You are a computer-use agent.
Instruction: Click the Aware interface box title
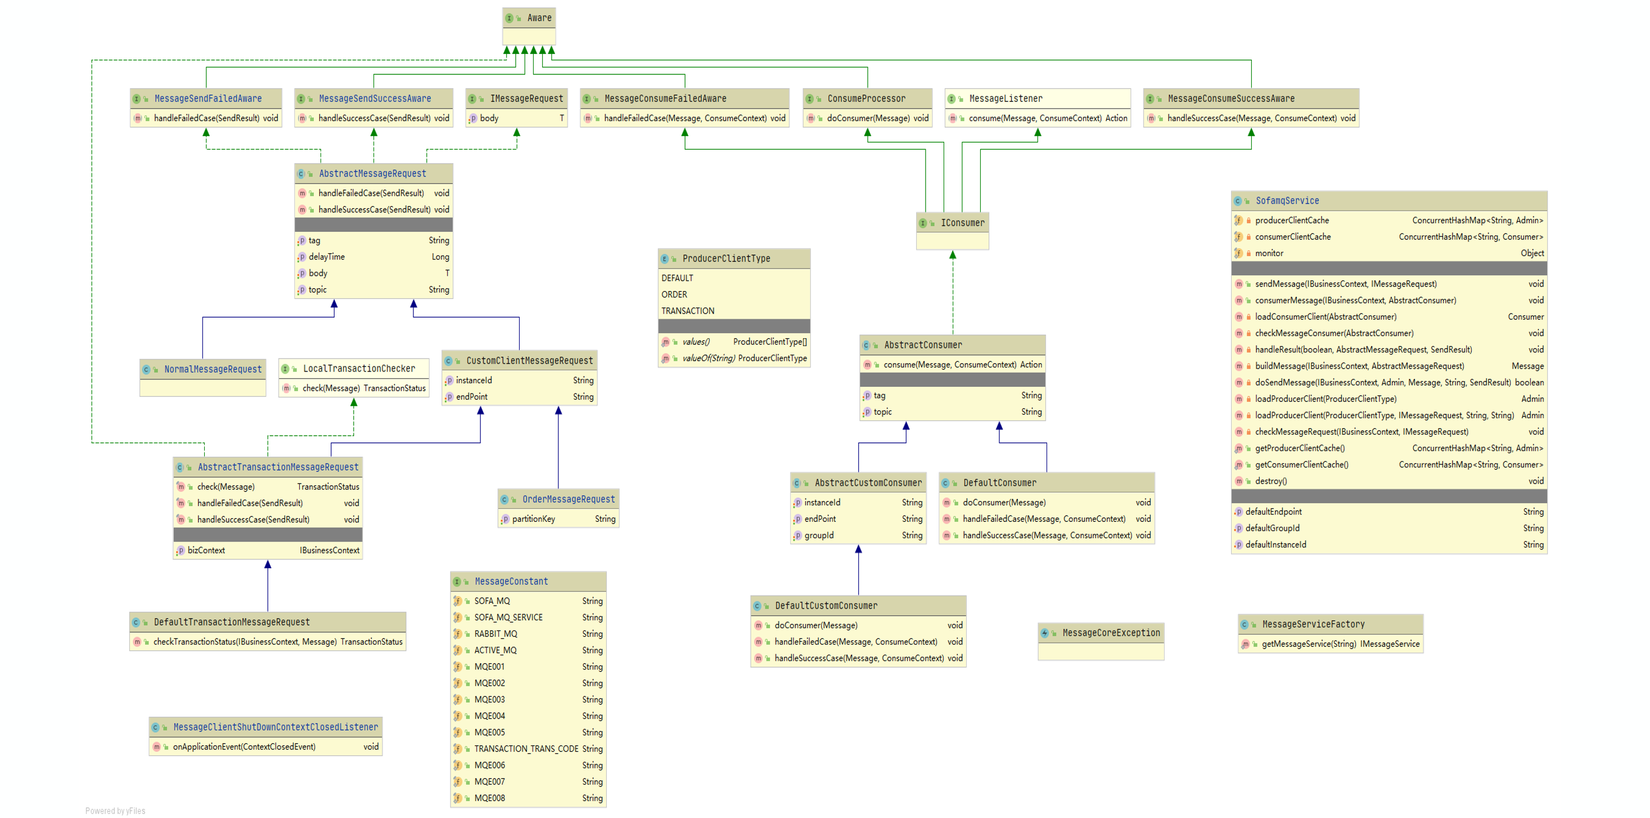pos(539,18)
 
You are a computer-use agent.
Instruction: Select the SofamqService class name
pos(1286,200)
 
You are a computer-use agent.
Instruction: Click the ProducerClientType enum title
pos(725,258)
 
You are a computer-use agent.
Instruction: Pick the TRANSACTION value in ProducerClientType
pos(687,311)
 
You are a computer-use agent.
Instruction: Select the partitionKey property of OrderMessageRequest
pos(533,519)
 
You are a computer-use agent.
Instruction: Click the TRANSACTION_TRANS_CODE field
pos(526,749)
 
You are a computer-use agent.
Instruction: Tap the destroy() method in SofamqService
pos(1270,481)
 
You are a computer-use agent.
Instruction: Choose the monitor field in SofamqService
pos(1269,253)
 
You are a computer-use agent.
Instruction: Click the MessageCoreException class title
pos(1111,633)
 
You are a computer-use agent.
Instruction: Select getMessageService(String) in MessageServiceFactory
pos(1309,644)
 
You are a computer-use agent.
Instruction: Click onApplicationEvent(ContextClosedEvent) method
pos(244,747)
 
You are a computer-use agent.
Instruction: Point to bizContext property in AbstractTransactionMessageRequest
pos(206,551)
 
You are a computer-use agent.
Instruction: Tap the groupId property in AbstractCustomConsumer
pos(819,535)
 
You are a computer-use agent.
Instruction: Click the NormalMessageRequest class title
pos(213,369)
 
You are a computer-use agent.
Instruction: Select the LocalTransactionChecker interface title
pos(359,369)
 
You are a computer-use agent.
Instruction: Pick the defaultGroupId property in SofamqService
pos(1272,528)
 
